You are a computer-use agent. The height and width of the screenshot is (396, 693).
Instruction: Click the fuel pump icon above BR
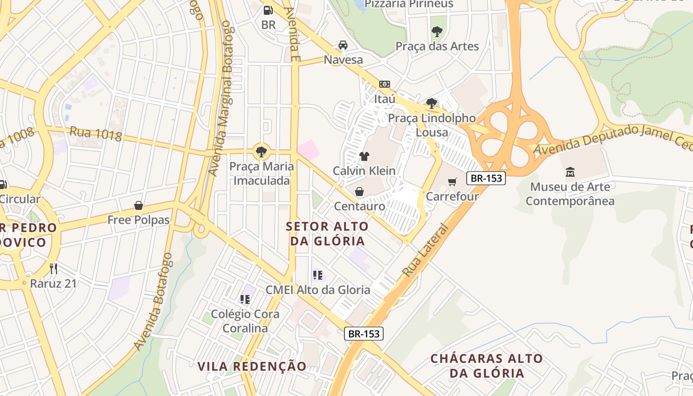[268, 9]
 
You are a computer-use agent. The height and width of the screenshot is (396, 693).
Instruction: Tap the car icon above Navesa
[343, 45]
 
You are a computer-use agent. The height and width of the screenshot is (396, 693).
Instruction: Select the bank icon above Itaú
[384, 84]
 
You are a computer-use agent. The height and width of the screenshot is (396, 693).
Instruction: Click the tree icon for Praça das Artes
[437, 32]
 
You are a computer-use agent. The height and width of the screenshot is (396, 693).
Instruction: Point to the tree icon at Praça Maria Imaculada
[261, 151]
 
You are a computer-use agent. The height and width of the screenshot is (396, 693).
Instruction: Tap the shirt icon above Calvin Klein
[364, 156]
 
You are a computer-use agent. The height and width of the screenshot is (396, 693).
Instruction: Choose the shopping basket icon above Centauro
[359, 191]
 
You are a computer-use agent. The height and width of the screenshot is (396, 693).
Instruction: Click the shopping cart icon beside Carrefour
[452, 182]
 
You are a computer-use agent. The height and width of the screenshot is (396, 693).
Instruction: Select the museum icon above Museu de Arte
[570, 172]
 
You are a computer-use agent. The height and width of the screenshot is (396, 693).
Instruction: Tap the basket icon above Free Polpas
[139, 205]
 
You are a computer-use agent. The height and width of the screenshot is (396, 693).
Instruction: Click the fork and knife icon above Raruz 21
[53, 269]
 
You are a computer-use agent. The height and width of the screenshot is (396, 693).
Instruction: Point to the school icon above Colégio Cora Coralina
[245, 299]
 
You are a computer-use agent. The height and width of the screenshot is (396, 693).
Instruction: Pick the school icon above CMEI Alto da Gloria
[317, 275]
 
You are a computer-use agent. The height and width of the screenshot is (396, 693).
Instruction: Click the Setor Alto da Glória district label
[328, 234]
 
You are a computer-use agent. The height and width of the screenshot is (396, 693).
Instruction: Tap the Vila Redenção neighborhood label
[252, 366]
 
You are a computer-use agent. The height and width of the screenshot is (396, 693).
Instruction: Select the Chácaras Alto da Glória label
[487, 366]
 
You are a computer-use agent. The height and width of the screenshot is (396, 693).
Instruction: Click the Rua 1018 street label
[96, 133]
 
